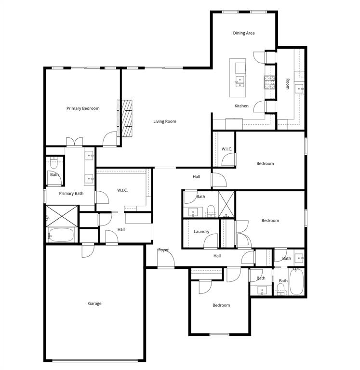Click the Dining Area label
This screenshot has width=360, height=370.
(243, 33)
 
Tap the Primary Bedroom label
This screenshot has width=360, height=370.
(83, 108)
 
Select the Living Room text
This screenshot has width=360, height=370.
(165, 121)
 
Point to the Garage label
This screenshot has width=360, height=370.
(94, 304)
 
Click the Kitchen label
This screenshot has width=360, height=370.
(241, 106)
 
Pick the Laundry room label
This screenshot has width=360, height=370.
(201, 232)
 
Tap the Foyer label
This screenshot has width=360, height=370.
(163, 250)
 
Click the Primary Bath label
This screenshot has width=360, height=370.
(71, 194)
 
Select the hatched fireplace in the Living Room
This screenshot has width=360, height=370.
(126, 119)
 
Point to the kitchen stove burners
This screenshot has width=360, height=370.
(269, 83)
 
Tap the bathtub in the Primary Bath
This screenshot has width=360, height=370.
(61, 236)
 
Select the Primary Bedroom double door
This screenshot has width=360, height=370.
(74, 142)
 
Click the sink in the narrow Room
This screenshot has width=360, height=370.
(299, 88)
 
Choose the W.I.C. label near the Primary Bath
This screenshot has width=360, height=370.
(122, 190)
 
